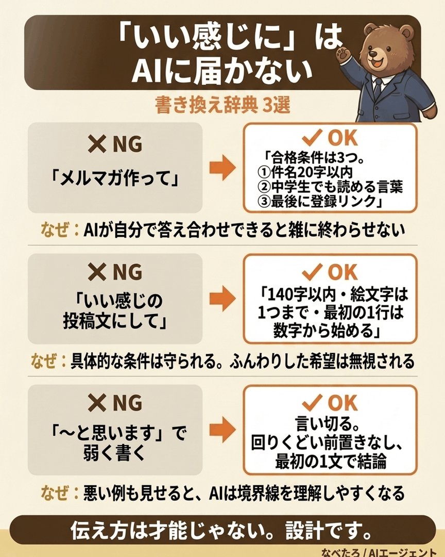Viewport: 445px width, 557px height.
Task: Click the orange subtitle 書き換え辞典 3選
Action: click(222, 106)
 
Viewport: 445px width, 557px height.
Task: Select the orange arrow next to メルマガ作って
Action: click(222, 167)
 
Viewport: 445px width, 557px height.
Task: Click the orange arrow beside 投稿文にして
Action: click(222, 299)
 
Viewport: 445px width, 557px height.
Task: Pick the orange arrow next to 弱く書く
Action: click(222, 429)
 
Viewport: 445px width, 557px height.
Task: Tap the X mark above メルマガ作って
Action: click(97, 144)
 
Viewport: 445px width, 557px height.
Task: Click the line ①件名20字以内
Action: click(305, 172)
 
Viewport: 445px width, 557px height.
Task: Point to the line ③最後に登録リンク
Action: click(319, 201)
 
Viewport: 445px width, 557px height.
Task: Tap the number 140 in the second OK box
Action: click(280, 294)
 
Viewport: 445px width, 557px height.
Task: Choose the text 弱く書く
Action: click(115, 453)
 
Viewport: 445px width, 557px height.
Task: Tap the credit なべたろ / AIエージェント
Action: click(378, 552)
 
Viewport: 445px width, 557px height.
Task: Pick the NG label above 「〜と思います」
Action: click(127, 403)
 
